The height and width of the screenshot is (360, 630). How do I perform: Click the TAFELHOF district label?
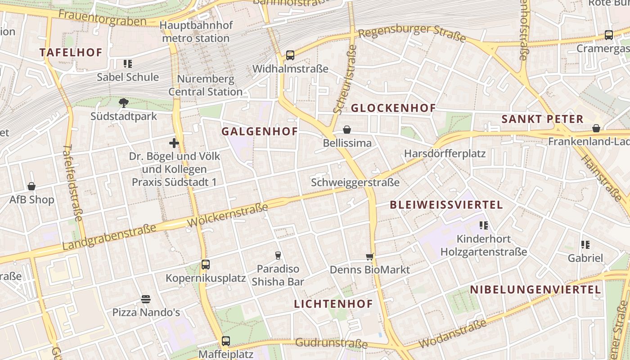(x=71, y=52)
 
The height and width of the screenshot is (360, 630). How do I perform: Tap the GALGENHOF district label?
(x=260, y=131)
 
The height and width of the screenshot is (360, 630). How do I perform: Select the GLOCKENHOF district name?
(x=393, y=108)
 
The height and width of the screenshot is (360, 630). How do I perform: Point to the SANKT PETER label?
(x=542, y=119)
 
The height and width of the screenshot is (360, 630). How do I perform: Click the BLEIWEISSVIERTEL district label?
(x=446, y=205)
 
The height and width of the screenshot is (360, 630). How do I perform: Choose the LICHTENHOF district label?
(x=333, y=304)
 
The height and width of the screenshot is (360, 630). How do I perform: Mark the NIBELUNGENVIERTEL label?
(x=535, y=289)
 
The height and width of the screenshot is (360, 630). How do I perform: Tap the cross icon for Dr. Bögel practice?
(x=174, y=144)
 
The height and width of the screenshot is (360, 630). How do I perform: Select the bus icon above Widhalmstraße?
(x=290, y=56)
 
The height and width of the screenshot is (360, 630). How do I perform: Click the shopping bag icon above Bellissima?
(x=347, y=130)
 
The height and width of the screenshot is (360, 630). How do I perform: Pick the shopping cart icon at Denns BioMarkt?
(x=370, y=257)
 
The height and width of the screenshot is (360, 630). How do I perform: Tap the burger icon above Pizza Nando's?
(x=145, y=299)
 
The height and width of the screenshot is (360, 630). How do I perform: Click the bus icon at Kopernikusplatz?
(x=206, y=265)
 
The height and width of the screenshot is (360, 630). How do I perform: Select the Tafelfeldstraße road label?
(x=73, y=183)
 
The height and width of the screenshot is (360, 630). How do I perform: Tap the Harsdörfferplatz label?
(x=445, y=153)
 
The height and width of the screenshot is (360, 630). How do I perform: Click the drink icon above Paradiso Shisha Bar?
(x=278, y=256)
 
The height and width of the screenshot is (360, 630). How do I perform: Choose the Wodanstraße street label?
(x=452, y=333)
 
